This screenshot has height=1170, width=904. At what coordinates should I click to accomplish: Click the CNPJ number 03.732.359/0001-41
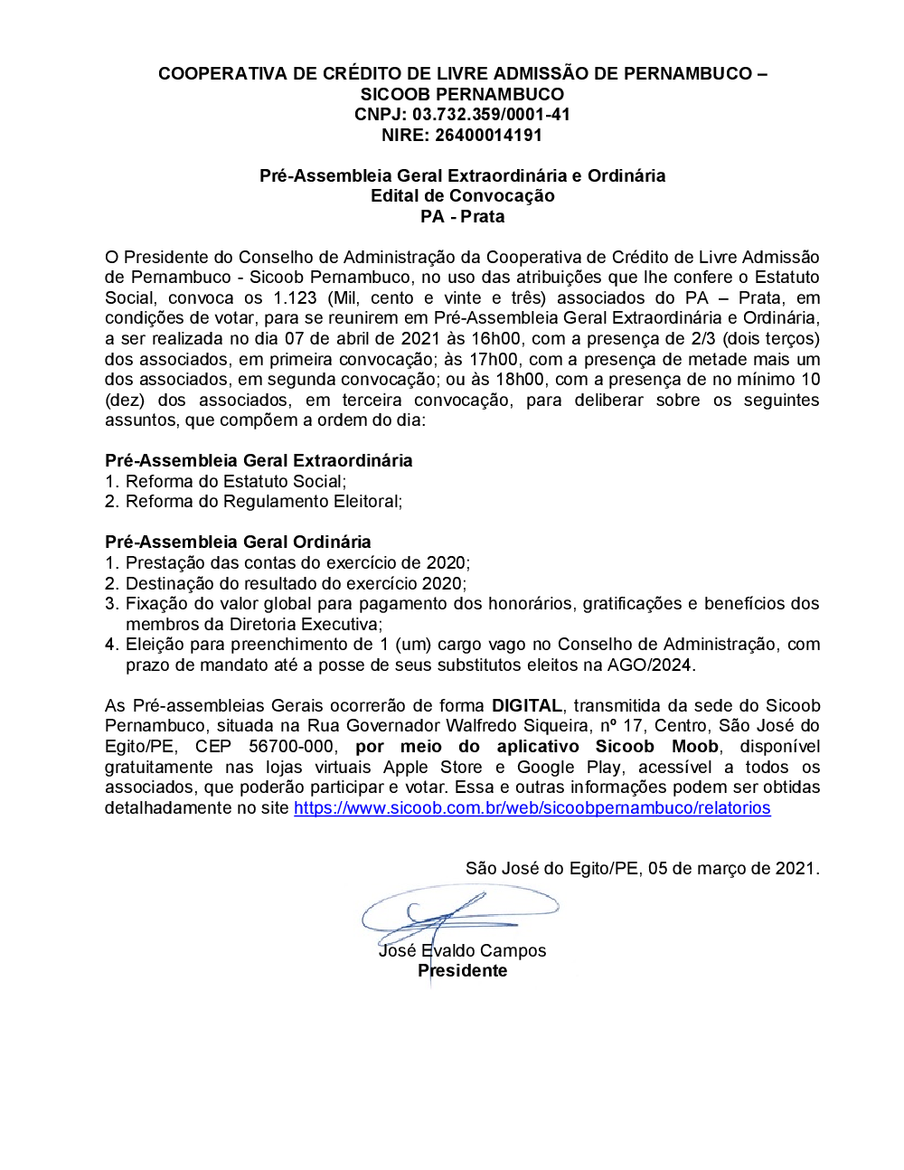(491, 115)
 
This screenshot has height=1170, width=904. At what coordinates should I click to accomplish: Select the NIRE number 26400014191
(488, 136)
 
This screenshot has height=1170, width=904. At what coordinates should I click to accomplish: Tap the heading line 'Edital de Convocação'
(462, 196)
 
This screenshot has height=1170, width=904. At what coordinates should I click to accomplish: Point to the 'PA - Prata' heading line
(462, 217)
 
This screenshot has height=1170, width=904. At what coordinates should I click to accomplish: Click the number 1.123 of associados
(295, 298)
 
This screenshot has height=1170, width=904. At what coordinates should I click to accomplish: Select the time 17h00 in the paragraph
(494, 360)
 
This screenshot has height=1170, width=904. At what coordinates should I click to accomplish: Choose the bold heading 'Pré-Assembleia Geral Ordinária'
(238, 543)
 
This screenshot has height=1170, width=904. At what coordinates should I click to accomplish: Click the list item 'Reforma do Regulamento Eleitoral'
(263, 502)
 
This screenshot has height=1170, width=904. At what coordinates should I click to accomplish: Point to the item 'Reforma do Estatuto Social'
(235, 482)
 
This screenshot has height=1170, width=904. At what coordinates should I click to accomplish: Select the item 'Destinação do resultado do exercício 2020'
(296, 584)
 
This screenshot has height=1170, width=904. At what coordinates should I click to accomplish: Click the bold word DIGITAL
(527, 706)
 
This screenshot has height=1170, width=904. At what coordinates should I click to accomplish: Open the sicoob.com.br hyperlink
(532, 808)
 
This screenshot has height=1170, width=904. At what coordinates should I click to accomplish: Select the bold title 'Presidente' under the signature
(462, 971)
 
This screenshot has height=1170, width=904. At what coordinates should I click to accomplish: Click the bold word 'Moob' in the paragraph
(694, 747)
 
